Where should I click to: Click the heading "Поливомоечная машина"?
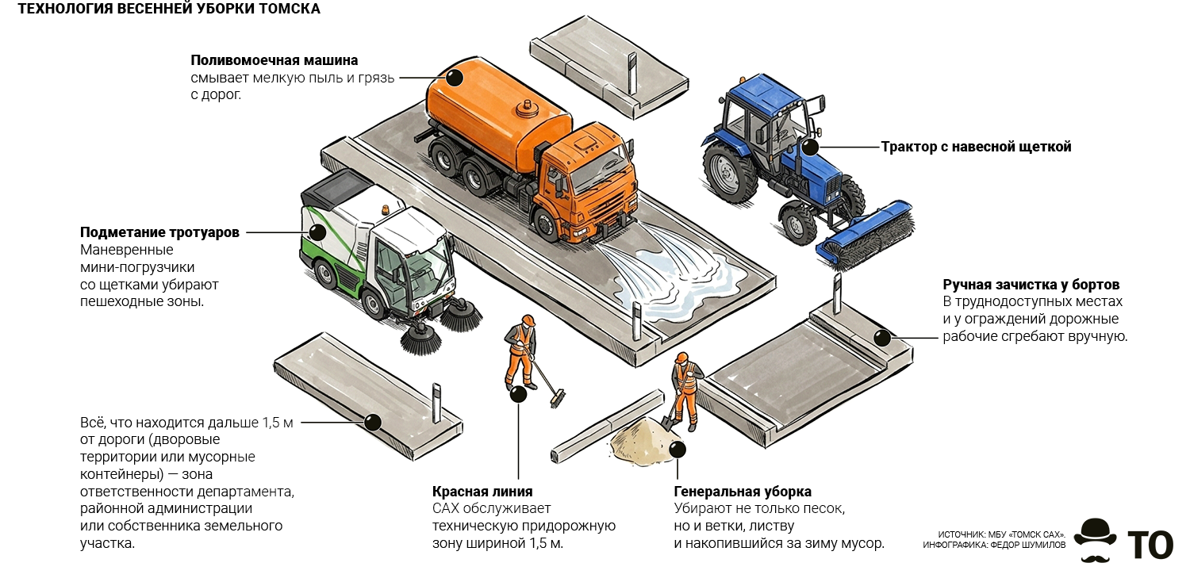[x=274, y=60]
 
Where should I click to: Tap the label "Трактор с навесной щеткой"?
[x=976, y=147]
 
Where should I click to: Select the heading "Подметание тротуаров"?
[x=159, y=232]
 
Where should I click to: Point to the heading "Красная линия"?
[x=482, y=491]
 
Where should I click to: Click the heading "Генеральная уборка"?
[x=742, y=491]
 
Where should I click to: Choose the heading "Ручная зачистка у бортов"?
[x=1031, y=285]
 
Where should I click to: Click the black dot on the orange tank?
[x=455, y=78]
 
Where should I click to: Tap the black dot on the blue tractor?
[x=810, y=147]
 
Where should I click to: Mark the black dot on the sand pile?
[x=678, y=450]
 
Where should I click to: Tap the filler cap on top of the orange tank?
[x=527, y=109]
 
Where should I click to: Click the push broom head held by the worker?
[x=557, y=398]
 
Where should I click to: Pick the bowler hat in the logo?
[x=1095, y=531]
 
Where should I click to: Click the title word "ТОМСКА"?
[x=290, y=9]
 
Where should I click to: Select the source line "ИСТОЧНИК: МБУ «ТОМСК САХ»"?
[x=1001, y=534]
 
